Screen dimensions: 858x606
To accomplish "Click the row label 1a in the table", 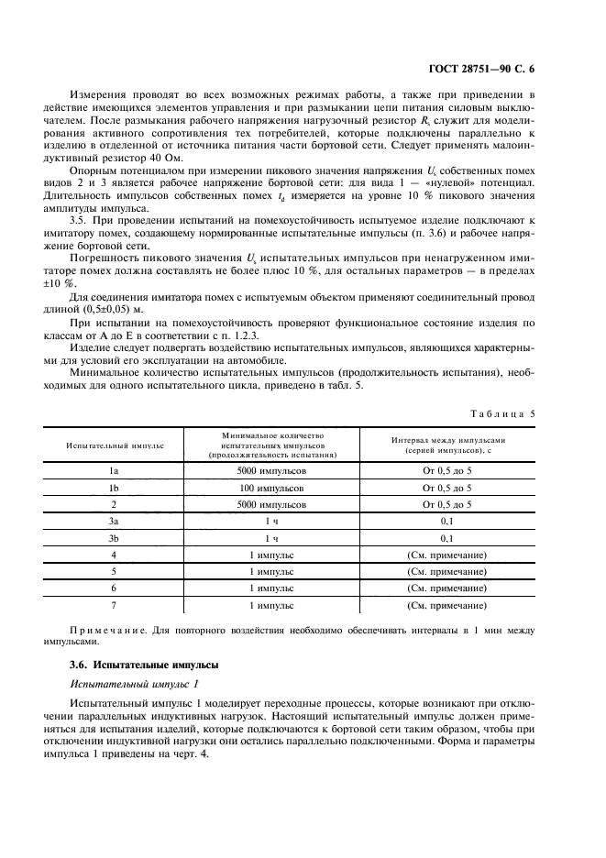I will (x=115, y=469).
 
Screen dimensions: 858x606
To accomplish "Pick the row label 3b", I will (x=115, y=537).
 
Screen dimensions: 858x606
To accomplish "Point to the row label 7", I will (x=115, y=605).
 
